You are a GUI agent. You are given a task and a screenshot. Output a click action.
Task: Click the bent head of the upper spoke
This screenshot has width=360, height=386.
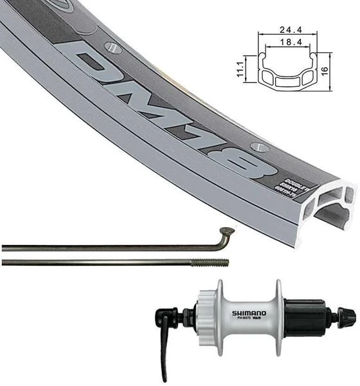pos(226,233)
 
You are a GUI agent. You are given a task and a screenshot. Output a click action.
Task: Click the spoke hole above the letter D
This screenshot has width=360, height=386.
pos(114,48)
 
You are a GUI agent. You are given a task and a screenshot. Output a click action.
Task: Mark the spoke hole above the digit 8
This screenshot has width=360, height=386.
pos(257,146)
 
